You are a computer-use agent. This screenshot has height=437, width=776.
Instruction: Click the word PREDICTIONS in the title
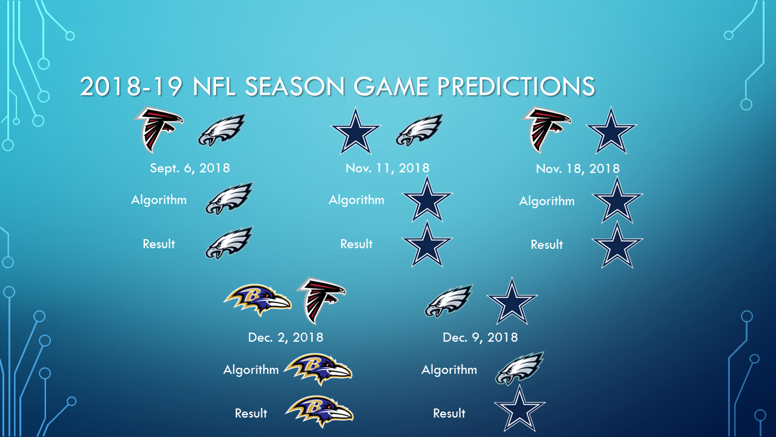coord(516,86)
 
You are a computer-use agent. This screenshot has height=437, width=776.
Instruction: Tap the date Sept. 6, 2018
coord(190,168)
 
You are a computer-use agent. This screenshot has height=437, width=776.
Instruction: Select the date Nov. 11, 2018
coord(387,168)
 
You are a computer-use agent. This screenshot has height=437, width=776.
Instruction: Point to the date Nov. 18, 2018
coord(578,169)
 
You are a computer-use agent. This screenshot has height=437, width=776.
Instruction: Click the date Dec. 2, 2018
coord(286,337)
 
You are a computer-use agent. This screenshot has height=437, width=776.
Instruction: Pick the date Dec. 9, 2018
coord(480,337)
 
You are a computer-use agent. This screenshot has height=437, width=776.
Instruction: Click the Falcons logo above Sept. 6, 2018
coord(159,130)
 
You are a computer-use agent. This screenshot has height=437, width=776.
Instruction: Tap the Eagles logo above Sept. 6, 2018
coord(222,130)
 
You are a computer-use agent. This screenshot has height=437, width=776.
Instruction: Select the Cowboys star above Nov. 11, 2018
coord(356,131)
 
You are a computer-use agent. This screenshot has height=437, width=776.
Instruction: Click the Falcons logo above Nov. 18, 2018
coord(546,130)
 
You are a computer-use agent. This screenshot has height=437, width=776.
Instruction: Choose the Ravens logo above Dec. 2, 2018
coord(257,300)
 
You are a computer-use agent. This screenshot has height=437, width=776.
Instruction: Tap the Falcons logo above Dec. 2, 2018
coord(321,300)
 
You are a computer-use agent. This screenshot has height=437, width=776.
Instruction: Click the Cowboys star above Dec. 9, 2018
coord(512,301)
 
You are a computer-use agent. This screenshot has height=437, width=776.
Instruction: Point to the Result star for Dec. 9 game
coord(520,409)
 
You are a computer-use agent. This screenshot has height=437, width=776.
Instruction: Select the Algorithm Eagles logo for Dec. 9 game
coord(520,368)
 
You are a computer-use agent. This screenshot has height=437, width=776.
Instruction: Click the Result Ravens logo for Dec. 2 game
coord(319,412)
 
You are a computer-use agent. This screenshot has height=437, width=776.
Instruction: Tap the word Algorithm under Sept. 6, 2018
coord(159,200)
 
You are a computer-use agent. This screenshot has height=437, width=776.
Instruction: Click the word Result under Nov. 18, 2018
coord(547,245)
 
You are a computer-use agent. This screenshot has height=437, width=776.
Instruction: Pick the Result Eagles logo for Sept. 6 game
coord(229,243)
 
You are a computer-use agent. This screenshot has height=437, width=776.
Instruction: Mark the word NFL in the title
coord(215,86)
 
